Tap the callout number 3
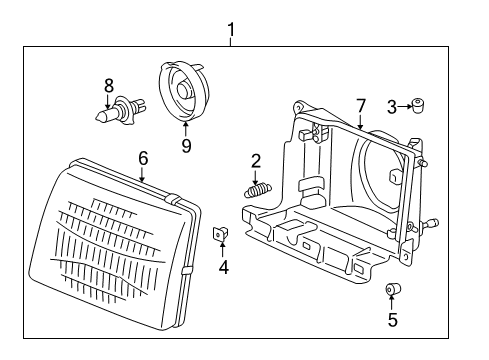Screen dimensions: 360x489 point(393,103)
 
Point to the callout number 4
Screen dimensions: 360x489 point(224,267)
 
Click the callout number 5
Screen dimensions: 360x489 point(392,320)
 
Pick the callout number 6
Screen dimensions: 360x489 point(143,157)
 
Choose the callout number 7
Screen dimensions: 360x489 point(362,105)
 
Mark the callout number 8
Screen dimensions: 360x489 point(108,85)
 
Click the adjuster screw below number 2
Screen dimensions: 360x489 point(257,186)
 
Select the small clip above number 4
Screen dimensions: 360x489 point(223,235)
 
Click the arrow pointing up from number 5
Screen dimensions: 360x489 point(392,304)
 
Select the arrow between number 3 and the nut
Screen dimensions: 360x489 point(407,103)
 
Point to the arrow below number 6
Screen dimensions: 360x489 point(143,174)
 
